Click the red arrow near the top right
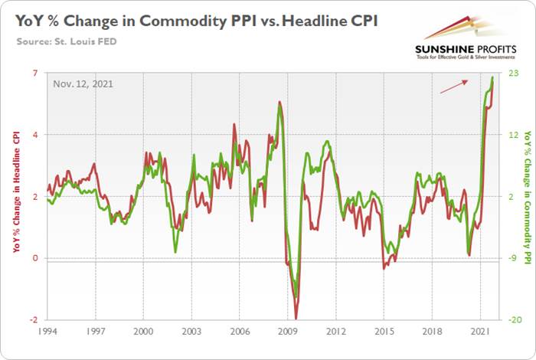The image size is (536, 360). pos(455,88)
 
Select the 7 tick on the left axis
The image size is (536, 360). pos(35,73)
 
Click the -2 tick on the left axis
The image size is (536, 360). pos(34,320)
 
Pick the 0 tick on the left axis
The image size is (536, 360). pos(35,258)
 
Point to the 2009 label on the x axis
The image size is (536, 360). pos(288,335)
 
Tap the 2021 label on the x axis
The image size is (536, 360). pos(480,335)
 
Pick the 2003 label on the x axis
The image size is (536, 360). pos(191,335)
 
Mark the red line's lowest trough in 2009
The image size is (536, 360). pos(296,318)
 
